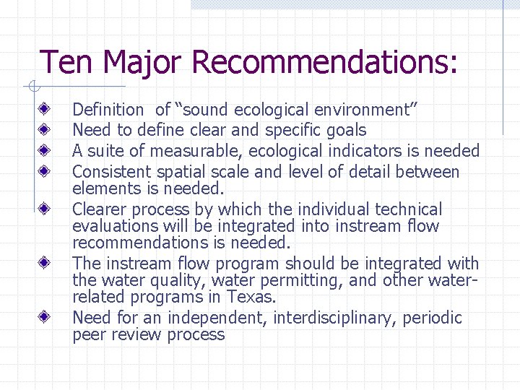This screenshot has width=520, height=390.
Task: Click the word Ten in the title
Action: pos(67,62)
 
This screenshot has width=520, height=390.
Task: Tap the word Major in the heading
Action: pos(143,62)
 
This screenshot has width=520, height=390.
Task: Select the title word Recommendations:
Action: pos(325,62)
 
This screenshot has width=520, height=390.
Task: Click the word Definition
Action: pos(108,110)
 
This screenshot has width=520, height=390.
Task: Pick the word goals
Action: pos(347,131)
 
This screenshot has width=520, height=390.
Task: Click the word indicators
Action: pos(374,151)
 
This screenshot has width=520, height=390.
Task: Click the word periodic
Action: pos(433,318)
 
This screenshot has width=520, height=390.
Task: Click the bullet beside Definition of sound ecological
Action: pos(45,110)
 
